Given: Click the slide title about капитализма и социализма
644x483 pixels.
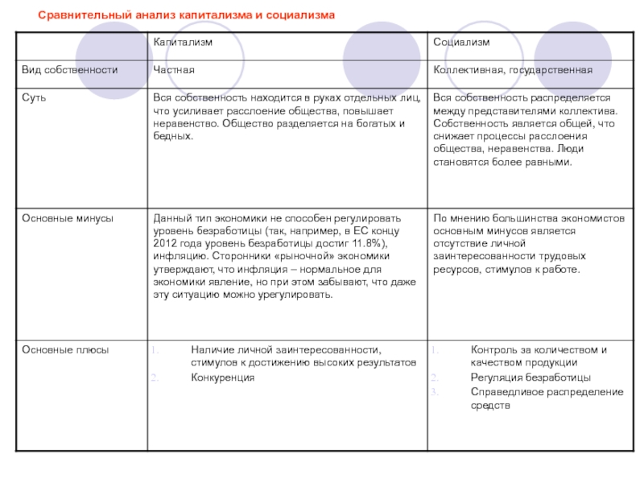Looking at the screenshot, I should pos(187,16).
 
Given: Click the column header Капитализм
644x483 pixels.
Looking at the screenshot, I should pos(179,42).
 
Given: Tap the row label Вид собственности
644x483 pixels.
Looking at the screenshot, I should pos(69,70).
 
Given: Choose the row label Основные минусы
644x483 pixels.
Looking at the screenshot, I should pos(67,218).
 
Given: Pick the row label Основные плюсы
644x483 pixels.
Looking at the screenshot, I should pos(65,350).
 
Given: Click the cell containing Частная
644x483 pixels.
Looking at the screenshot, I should pos(174,70).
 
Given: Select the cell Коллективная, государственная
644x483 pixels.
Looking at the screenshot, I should pos(513,70).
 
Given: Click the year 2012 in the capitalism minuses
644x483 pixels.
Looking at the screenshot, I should pos(165,244).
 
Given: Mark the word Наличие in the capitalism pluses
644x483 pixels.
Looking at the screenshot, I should pos(212,350).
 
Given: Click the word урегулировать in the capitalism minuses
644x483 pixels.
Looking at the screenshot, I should pos(299,295).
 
